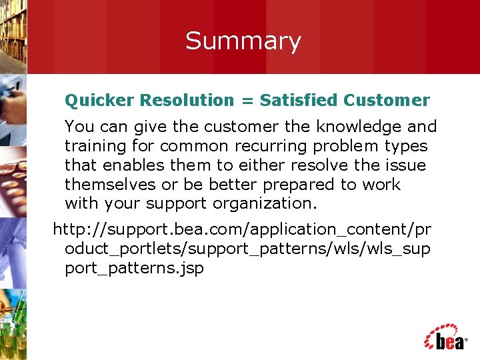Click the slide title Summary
(x=243, y=41)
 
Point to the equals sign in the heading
(x=247, y=101)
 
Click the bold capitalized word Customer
(x=387, y=101)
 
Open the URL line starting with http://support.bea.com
(x=242, y=230)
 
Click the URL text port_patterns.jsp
(x=134, y=269)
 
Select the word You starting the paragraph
(x=79, y=127)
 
